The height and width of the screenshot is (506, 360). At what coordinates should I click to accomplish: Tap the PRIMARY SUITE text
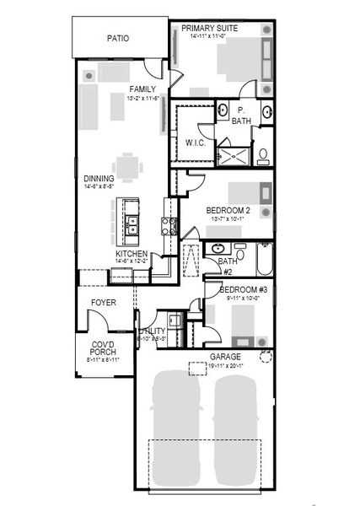[x=209, y=28]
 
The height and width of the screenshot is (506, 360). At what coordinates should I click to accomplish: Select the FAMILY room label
[x=142, y=89]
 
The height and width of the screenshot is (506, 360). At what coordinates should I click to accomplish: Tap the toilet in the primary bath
[x=263, y=154]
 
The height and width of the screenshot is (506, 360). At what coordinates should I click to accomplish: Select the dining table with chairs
[x=127, y=167]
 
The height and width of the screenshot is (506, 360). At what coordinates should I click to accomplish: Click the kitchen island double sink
[x=133, y=223]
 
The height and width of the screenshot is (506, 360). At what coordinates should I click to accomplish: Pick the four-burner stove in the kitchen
[x=169, y=225]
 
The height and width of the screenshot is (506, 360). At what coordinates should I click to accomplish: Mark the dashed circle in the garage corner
[x=266, y=357]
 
